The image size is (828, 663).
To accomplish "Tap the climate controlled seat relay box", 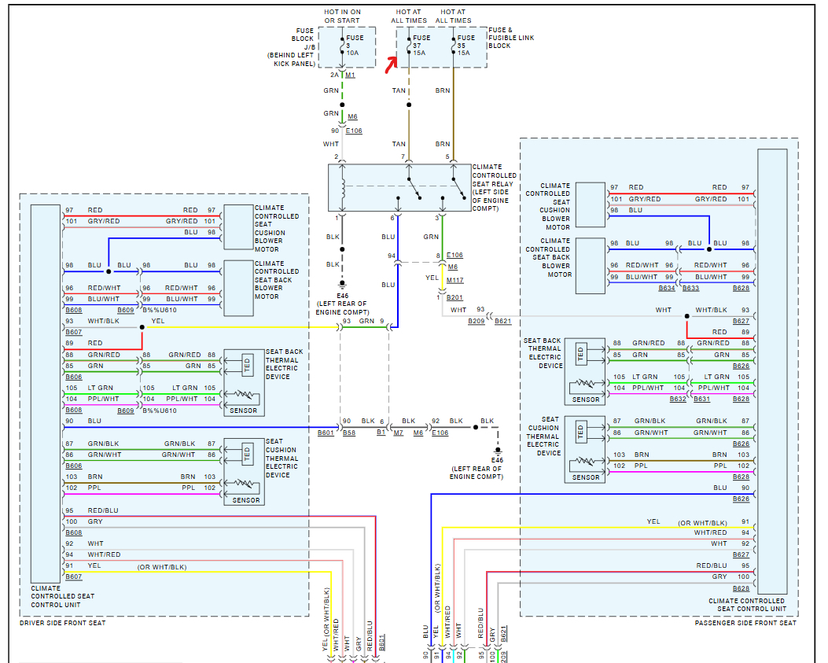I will pyautogui.click(x=399, y=189).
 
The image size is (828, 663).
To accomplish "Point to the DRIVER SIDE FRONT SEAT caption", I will pyautogui.click(x=62, y=623).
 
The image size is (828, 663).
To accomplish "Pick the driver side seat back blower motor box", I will pyautogui.click(x=238, y=280).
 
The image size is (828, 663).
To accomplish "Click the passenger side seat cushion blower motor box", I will pyautogui.click(x=590, y=206).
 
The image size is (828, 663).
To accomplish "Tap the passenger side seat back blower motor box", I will pyautogui.click(x=590, y=265).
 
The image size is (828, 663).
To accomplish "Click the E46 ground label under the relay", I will pyautogui.click(x=341, y=297).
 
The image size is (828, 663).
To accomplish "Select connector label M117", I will pyautogui.click(x=456, y=280).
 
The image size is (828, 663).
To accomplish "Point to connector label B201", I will pyautogui.click(x=455, y=298).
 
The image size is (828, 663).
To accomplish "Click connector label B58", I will pyautogui.click(x=348, y=433).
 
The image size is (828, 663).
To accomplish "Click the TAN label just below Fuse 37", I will pyautogui.click(x=399, y=90).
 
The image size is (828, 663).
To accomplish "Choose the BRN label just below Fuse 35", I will pyautogui.click(x=443, y=90).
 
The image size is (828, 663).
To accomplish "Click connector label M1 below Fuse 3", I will pyautogui.click(x=350, y=75).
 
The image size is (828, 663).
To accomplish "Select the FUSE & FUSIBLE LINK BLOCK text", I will pyautogui.click(x=510, y=38).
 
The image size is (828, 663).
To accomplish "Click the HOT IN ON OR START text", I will pyautogui.click(x=344, y=16).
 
